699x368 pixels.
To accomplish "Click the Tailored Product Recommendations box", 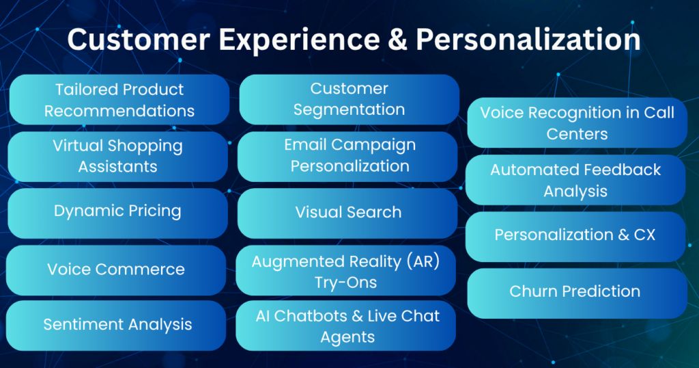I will [119, 100].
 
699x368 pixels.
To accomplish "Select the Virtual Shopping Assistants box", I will [117, 157].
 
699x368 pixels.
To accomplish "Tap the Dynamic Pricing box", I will [117, 211].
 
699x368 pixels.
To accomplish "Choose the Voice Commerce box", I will [116, 270].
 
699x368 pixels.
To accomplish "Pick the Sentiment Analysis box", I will [117, 324].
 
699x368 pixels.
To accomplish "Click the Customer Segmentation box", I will [349, 99].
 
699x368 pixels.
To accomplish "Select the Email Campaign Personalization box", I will [349, 156].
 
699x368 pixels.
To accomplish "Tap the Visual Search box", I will [348, 213].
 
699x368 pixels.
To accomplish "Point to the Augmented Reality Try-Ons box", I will [347, 271].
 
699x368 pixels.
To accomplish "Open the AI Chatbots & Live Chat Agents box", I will [347, 326].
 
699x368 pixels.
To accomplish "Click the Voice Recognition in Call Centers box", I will [577, 122].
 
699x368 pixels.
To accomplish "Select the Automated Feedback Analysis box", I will [575, 179].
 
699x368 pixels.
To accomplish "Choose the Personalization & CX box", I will [575, 235].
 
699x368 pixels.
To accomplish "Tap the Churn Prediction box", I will [575, 292].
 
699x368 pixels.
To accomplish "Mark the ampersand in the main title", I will [395, 40].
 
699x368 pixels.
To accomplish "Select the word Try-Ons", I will [347, 281].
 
